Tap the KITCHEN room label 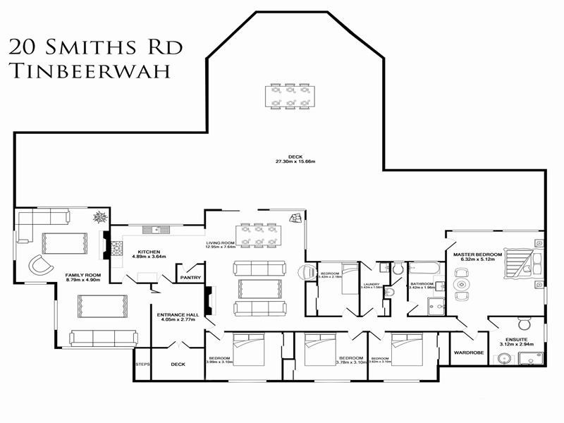(148, 252)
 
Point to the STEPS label (142, 364)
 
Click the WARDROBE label (467, 352)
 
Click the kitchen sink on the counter (152, 228)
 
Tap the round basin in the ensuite (503, 359)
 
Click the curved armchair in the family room (40, 266)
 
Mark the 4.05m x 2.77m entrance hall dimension (176, 320)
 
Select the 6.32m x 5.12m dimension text (477, 259)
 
